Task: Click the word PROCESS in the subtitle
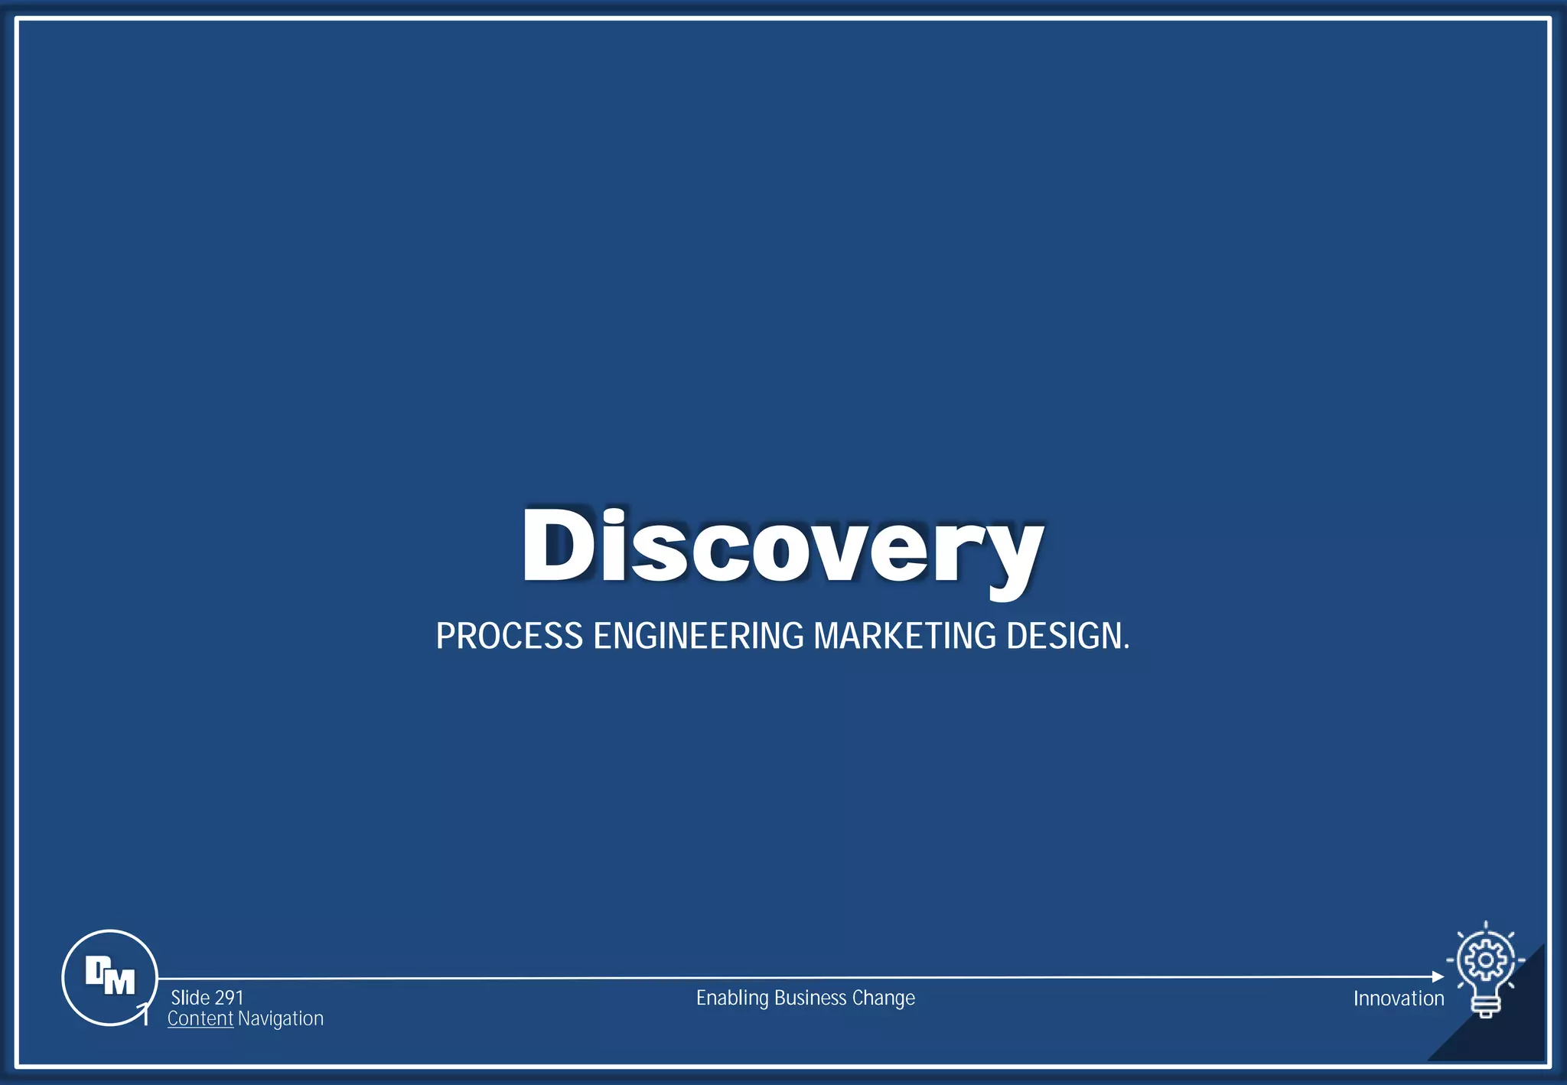click(x=509, y=637)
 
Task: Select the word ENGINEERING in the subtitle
click(x=699, y=637)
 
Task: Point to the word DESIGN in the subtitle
click(x=1065, y=637)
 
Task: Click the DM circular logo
click(x=110, y=977)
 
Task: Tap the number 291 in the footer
click(x=229, y=998)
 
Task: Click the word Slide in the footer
click(x=190, y=998)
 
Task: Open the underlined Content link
click(x=200, y=1018)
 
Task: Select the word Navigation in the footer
click(x=281, y=1018)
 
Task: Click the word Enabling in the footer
click(x=731, y=998)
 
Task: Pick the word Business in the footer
click(x=810, y=998)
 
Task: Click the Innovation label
click(x=1398, y=999)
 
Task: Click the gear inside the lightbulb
click(x=1485, y=960)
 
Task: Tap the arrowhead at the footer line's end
click(x=1438, y=977)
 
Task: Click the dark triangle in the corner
click(x=1511, y=1029)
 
